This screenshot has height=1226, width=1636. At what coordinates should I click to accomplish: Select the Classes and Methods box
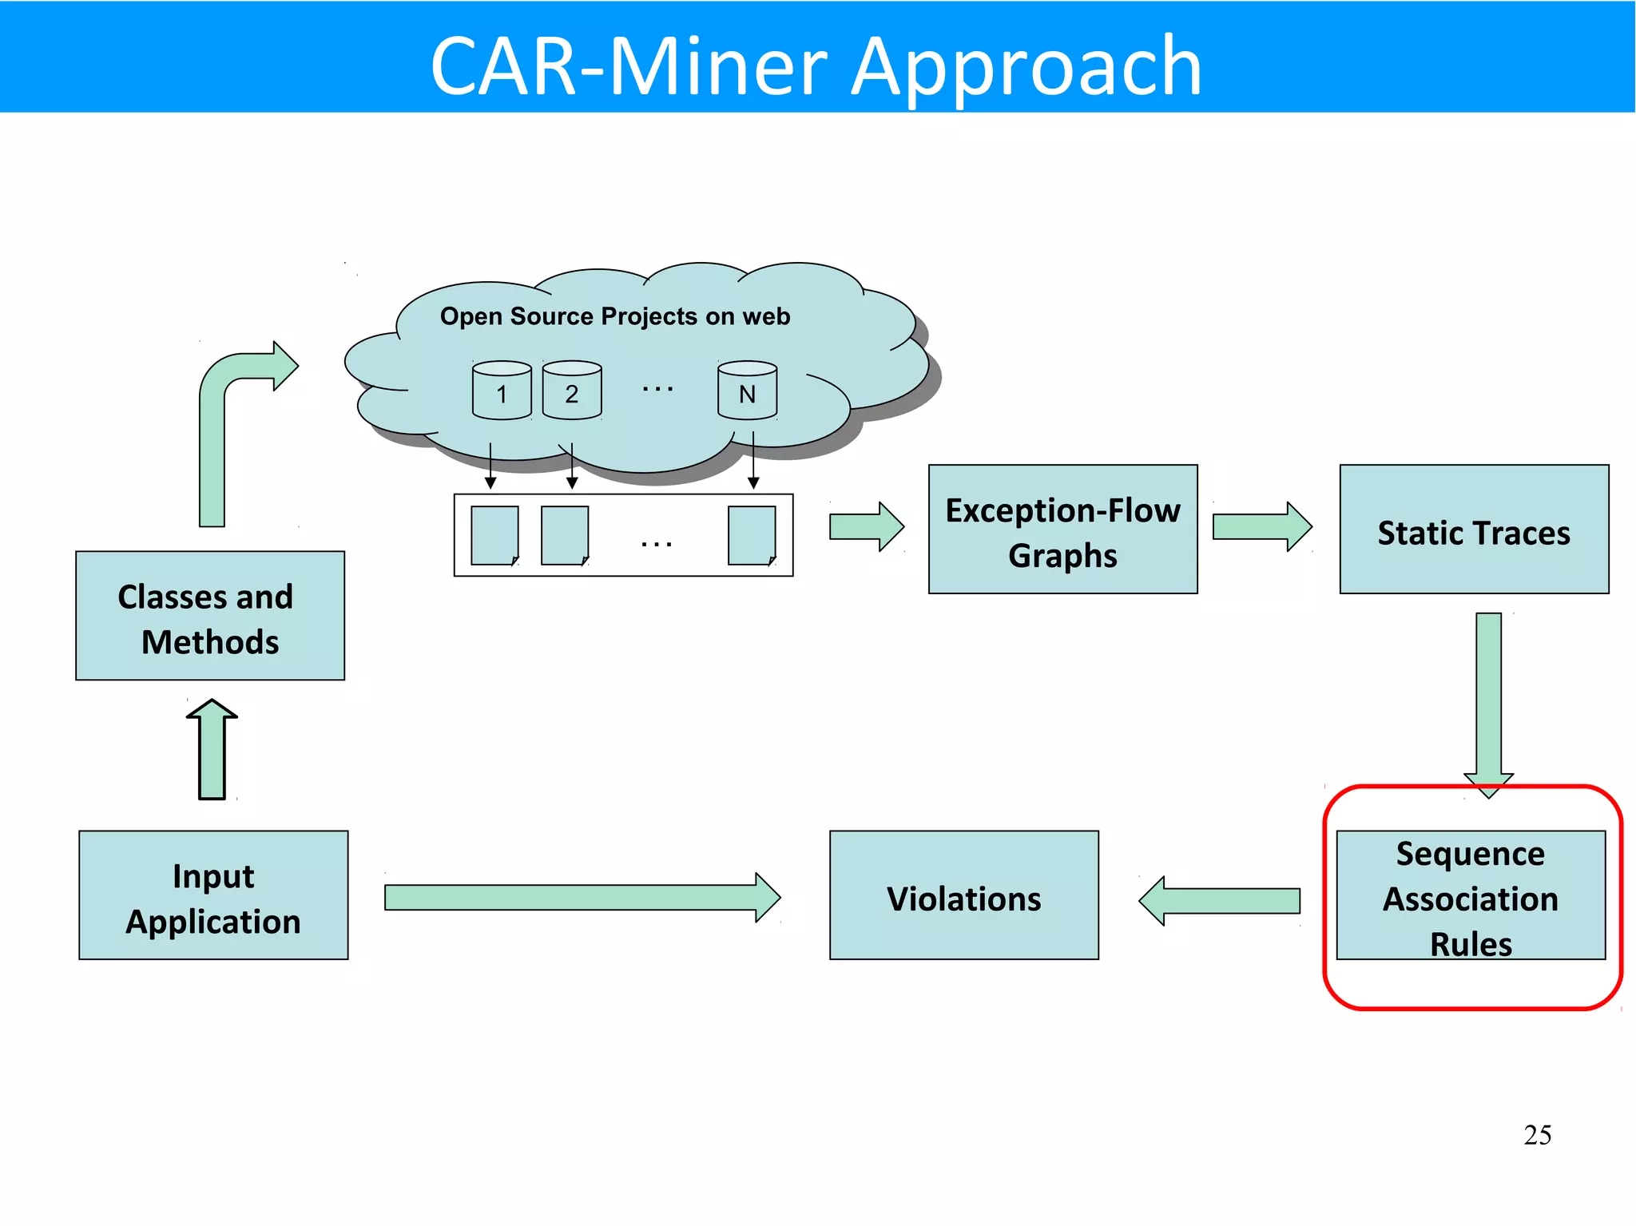[210, 615]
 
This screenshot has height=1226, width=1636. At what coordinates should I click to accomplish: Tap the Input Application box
[213, 895]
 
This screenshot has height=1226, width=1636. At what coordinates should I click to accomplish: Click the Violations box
[963, 895]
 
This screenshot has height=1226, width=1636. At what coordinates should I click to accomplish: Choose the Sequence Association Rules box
[1470, 896]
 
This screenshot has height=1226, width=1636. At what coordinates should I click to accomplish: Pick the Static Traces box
[1473, 529]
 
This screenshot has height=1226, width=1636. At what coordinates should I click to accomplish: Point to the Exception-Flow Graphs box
[1062, 529]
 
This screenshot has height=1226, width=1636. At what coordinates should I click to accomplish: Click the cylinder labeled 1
[502, 391]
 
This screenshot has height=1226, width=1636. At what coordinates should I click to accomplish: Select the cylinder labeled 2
[572, 391]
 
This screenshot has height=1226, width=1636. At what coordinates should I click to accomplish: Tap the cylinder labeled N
[747, 391]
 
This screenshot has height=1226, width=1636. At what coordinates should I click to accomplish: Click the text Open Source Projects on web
[614, 316]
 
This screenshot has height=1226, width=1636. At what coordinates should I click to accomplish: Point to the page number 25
[1537, 1135]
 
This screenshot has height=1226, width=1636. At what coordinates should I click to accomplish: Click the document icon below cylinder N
[751, 535]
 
